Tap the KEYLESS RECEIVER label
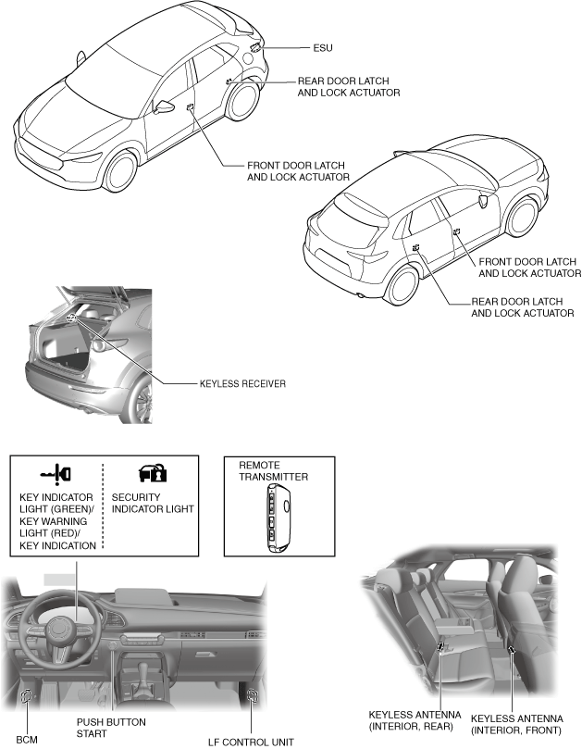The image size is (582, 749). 241,381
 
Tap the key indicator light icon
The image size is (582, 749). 56,473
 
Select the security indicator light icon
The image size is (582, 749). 153,473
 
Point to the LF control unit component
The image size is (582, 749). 251,695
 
